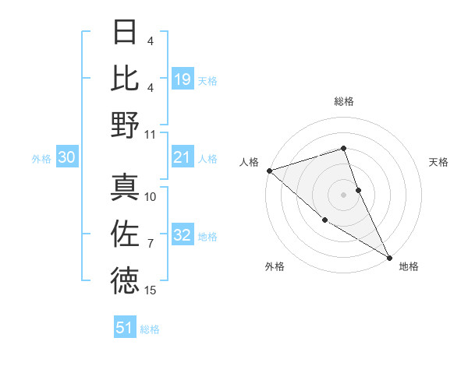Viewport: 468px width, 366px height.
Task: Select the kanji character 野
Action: pos(125,125)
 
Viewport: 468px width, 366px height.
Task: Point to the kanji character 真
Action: pos(125,187)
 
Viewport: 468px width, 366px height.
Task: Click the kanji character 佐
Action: pos(125,234)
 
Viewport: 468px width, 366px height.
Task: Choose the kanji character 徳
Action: pos(125,281)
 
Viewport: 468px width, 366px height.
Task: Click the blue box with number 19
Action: pos(183,79)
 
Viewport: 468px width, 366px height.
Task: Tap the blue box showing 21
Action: pos(183,158)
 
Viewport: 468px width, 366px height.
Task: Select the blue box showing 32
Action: pos(183,236)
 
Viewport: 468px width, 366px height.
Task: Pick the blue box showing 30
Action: pos(66,158)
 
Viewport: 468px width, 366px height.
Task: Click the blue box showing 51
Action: pos(125,328)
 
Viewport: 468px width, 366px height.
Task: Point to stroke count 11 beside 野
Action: pos(151,134)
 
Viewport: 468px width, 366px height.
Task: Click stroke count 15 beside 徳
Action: pos(151,290)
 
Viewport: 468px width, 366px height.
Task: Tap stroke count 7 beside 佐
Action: pos(151,244)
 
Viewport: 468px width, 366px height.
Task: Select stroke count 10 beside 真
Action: pos(151,196)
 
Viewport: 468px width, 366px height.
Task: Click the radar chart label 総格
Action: pos(344,101)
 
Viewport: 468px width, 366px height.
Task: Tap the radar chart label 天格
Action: pos(438,162)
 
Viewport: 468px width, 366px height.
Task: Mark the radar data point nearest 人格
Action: pos(269,171)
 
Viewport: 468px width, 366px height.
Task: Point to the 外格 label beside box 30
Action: pos(41,159)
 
